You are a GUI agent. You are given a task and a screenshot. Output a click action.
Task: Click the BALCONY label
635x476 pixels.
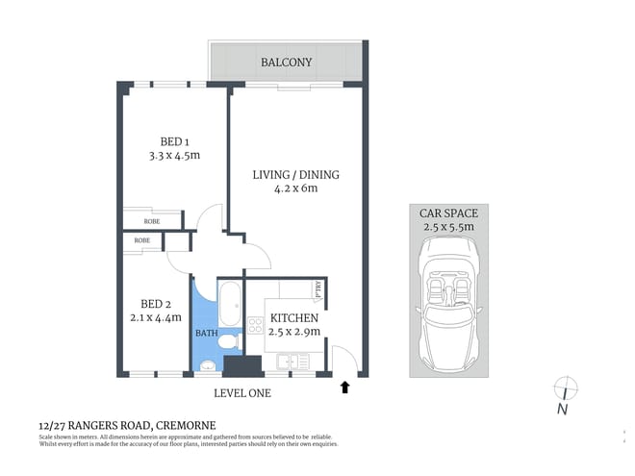point(286,63)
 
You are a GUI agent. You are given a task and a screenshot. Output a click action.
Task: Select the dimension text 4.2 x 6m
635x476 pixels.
point(296,188)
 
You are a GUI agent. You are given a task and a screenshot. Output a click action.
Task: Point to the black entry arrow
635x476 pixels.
point(345,388)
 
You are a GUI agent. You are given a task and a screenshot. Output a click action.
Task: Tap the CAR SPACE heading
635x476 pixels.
point(448,213)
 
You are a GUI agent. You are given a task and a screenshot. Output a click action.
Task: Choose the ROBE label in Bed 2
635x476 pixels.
point(141,239)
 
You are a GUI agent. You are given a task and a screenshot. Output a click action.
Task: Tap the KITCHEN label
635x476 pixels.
point(294,317)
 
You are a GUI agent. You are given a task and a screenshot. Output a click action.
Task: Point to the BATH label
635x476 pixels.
point(206,333)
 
